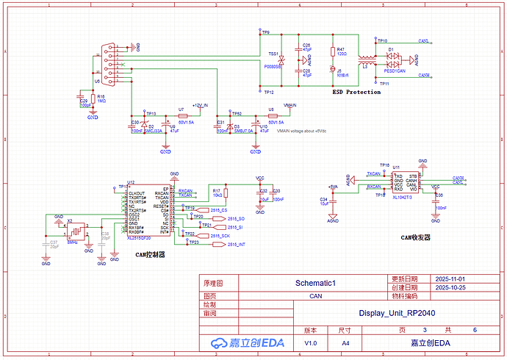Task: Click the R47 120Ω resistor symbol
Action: (333, 51)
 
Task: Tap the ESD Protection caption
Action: (356, 92)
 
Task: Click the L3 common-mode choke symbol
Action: (364, 58)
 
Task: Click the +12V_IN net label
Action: (201, 106)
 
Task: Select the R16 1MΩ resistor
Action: (93, 101)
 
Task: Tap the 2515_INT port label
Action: (236, 244)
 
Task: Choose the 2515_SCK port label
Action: (220, 235)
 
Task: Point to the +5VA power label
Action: (332, 187)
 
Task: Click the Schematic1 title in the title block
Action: (314, 283)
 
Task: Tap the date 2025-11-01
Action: (450, 279)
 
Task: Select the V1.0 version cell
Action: (311, 343)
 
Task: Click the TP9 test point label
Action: (266, 33)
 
